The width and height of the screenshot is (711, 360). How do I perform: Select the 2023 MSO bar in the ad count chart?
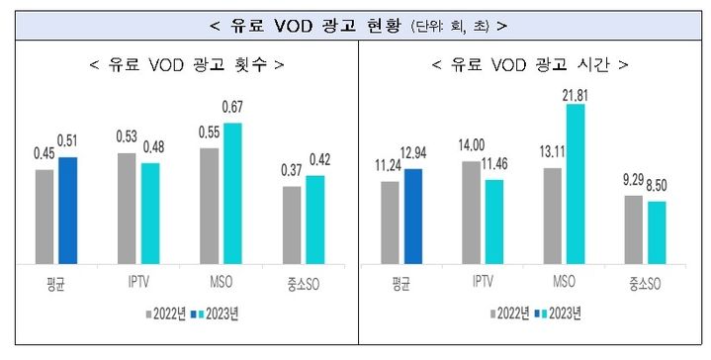pos(231,194)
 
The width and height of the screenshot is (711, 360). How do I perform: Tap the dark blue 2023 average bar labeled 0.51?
pos(67,211)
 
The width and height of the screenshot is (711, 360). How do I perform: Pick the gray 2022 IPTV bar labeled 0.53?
pos(128,209)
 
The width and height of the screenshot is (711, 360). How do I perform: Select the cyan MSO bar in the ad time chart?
pos(575,184)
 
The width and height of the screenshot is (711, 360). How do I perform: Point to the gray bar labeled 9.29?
pos(634,229)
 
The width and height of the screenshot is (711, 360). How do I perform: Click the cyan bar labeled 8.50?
pos(657,232)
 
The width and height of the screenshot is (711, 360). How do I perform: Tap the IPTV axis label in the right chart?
pos(482,281)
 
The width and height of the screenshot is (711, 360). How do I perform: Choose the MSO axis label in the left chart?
pos(221,281)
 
